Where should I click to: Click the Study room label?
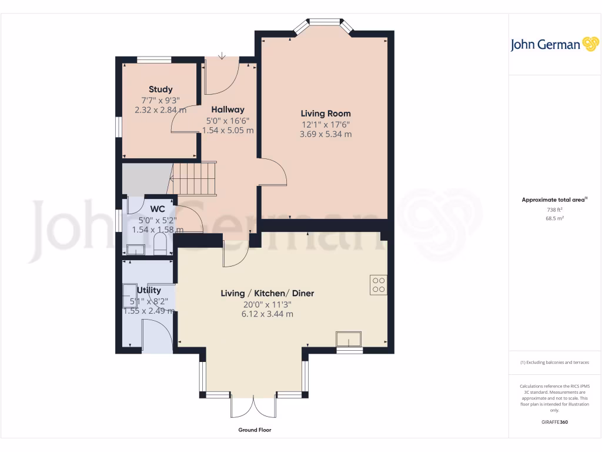pos(160,89)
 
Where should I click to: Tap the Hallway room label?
pos(228,109)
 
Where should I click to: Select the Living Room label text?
pos(326,114)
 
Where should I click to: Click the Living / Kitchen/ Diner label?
pos(267,293)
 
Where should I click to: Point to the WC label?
pos(157,209)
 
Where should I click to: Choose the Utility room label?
pos(149,290)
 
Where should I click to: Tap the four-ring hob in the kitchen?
pos(379,285)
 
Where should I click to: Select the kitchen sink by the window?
pos(349,340)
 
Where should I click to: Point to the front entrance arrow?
pos(222,56)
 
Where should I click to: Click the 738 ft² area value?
pos(554,210)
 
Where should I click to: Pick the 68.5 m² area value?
pos(554,218)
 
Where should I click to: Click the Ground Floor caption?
pos(255,430)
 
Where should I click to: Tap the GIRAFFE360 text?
pos(554,422)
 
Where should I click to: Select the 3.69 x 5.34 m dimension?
pos(326,134)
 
